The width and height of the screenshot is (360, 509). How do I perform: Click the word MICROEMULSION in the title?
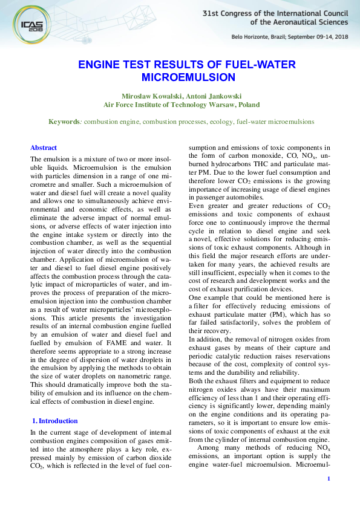coord(180,77)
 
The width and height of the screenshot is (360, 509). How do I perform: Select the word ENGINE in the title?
coord(97,65)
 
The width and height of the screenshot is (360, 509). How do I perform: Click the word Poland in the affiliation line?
coord(247,104)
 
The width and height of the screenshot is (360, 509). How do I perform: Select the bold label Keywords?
coord(64,122)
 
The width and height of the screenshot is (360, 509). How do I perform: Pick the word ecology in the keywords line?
coord(221,122)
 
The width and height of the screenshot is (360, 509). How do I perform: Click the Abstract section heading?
coord(44,148)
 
